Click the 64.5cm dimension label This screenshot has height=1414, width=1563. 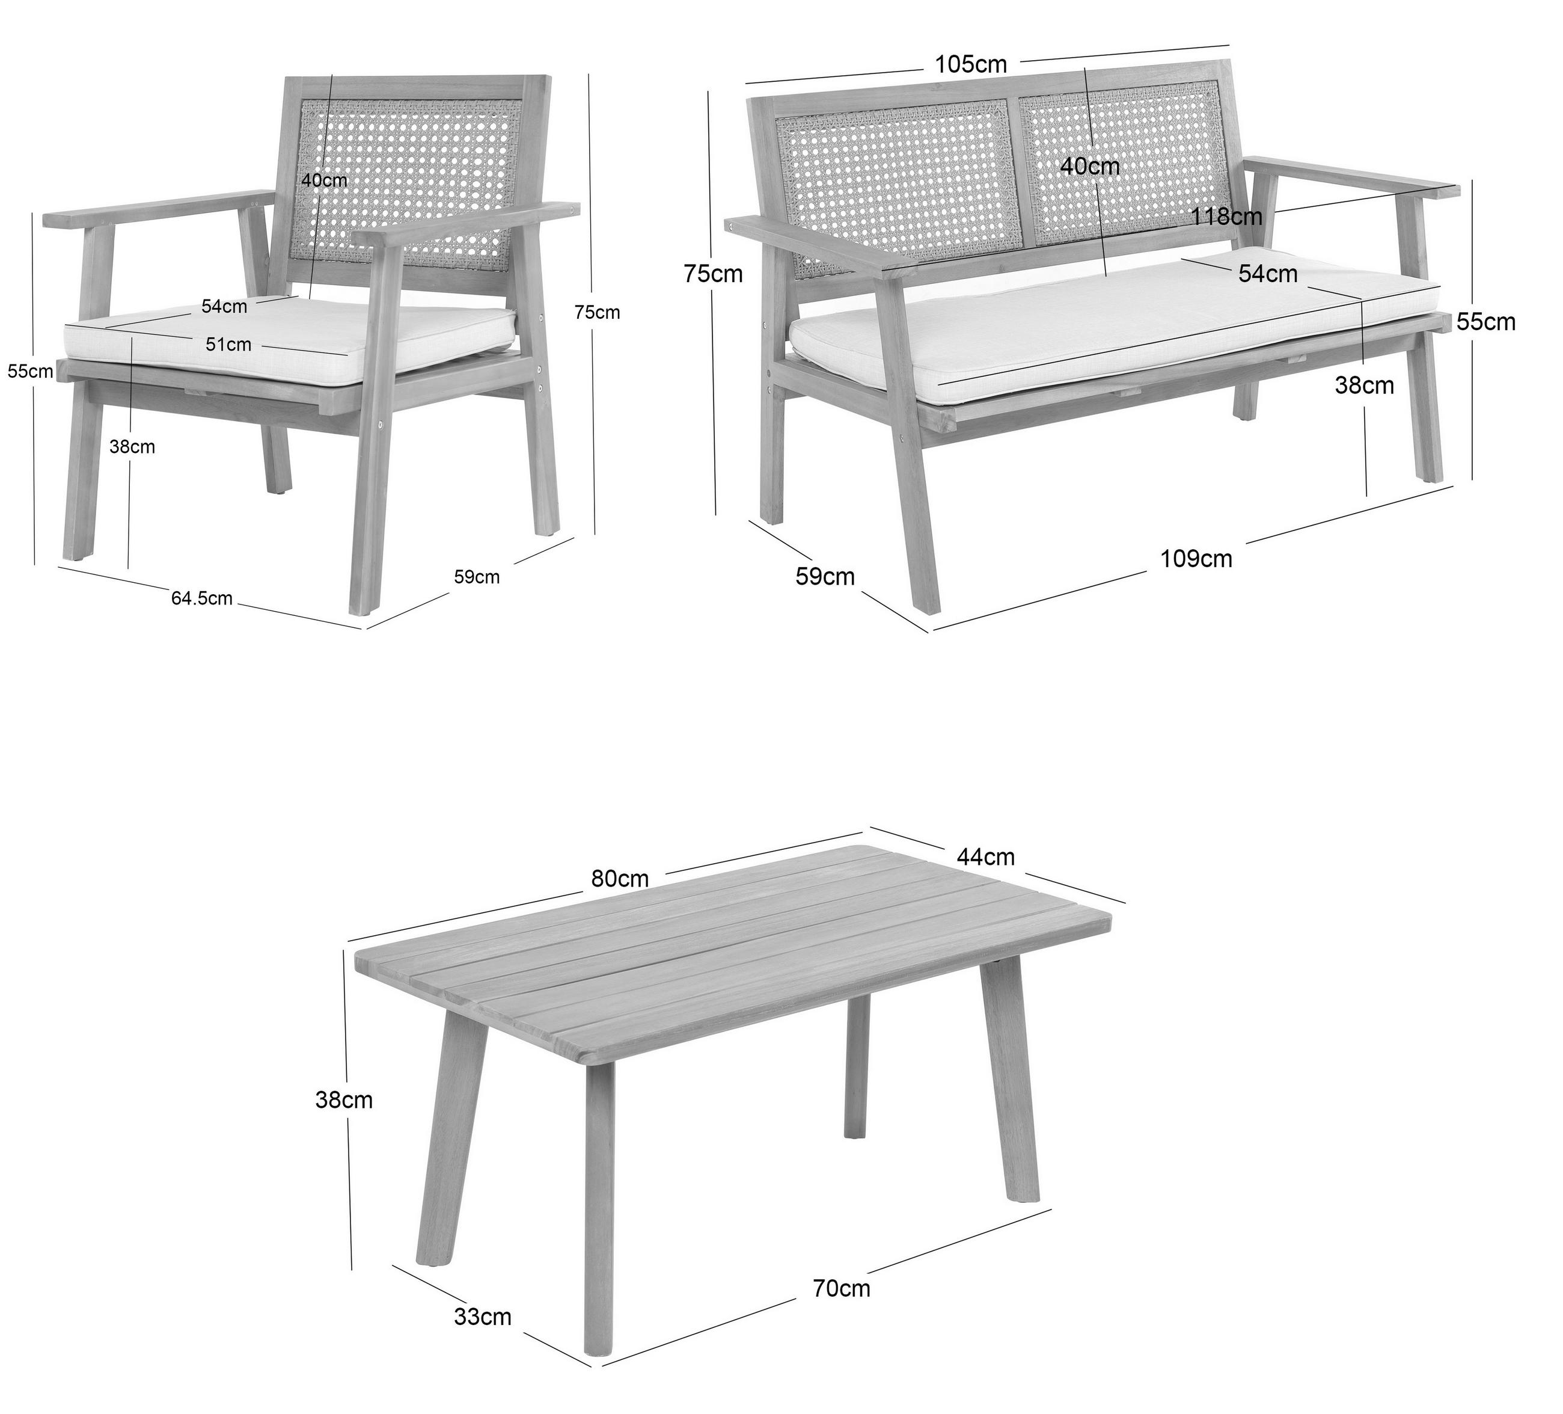point(201,598)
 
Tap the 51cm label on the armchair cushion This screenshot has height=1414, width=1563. point(228,345)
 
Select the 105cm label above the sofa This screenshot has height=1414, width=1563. point(971,64)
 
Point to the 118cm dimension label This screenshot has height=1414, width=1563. point(1228,217)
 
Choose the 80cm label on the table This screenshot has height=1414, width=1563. point(620,879)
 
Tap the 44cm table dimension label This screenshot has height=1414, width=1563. point(985,856)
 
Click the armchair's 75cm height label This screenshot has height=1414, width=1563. point(597,313)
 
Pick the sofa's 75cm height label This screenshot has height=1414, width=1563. point(714,274)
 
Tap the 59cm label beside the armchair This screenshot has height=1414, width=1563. point(477,577)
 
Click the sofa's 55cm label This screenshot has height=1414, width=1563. point(1485,322)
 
